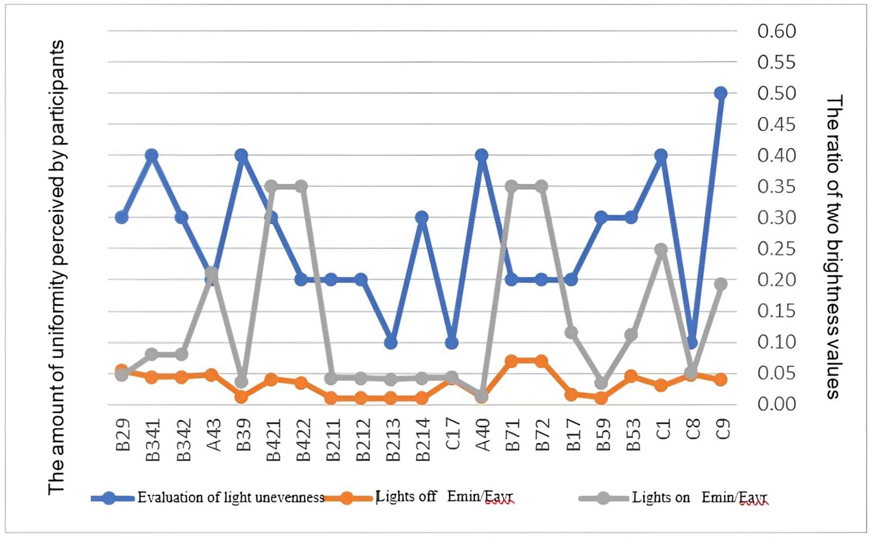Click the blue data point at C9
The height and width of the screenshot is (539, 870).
coord(720,93)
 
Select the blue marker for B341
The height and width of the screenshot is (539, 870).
coord(152,155)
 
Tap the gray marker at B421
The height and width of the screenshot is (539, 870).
coord(271,187)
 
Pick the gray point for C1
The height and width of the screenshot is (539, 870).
coord(661,250)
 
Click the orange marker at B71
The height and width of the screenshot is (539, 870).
coord(511,361)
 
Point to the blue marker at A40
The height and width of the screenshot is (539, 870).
coord(481,155)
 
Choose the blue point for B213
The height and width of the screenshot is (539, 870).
coord(391,343)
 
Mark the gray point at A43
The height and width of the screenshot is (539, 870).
coord(212,273)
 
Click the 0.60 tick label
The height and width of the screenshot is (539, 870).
coord(776,31)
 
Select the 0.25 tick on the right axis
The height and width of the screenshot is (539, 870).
coord(776,249)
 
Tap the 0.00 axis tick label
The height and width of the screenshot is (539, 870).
coord(776,404)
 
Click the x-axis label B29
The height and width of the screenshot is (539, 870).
coord(123,435)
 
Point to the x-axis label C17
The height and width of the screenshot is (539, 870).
coord(452,435)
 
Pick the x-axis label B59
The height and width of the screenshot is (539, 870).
coord(602,435)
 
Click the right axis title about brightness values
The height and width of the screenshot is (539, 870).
coord(834,247)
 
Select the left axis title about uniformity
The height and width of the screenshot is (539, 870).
coord(57,267)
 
